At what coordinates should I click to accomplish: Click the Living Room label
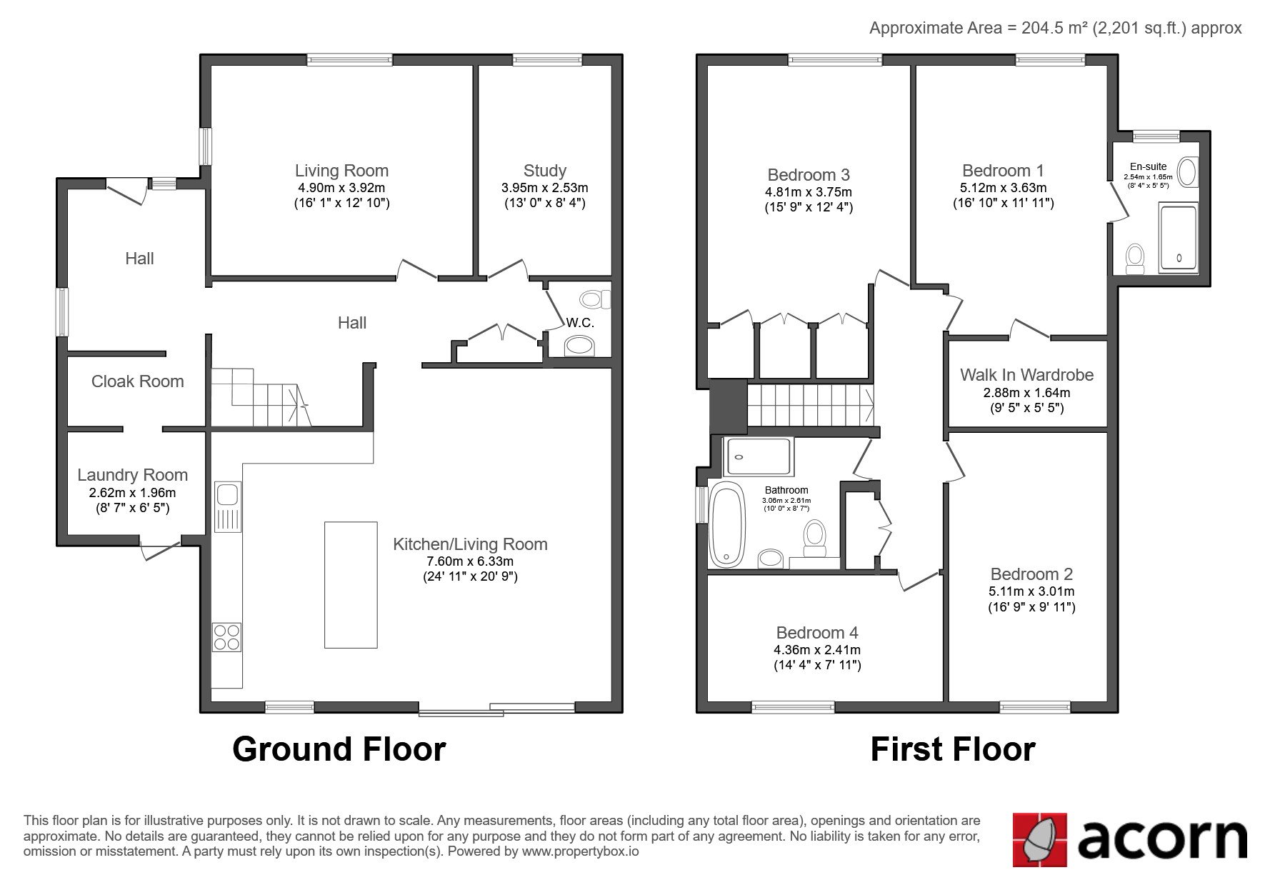[341, 171]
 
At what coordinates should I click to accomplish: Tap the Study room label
[544, 171]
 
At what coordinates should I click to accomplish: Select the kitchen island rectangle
[351, 585]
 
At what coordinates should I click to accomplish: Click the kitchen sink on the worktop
[228, 495]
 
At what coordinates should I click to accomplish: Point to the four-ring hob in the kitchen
[226, 637]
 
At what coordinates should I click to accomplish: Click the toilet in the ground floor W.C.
[595, 299]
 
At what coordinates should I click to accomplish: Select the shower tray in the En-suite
[1178, 239]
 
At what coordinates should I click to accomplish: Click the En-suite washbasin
[1188, 172]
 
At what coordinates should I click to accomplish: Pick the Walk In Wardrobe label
[1026, 375]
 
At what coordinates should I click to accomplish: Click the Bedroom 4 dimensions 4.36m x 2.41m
[817, 650]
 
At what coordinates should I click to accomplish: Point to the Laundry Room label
[132, 475]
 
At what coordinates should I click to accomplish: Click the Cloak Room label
[137, 381]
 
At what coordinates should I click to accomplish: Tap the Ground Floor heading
[339, 749]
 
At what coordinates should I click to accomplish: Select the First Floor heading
[952, 749]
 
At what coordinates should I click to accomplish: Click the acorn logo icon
[1040, 840]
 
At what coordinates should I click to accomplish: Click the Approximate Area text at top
[1055, 28]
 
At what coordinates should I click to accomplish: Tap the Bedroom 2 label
[1031, 574]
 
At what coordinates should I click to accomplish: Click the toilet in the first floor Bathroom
[814, 538]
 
